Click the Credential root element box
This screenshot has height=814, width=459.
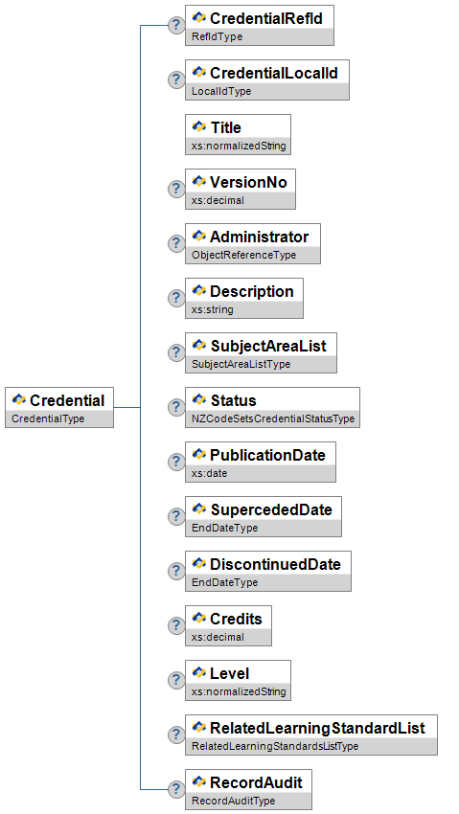pos(59,408)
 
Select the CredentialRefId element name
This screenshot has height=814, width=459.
pos(266,19)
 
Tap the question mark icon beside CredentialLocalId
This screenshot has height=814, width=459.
pos(176,79)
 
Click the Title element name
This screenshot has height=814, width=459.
pos(226,127)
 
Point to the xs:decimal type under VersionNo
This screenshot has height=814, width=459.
pos(218,200)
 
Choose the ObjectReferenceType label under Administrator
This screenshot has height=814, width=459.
pos(244,255)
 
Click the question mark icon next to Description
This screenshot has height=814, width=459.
pos(176,298)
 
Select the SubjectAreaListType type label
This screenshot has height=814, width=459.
pos(241,364)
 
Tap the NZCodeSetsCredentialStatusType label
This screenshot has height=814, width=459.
pos(273,418)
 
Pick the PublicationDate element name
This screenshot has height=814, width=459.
pos(268,455)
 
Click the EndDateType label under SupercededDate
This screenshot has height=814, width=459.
pos(225,528)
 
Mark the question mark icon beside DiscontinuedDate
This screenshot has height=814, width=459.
pos(176,571)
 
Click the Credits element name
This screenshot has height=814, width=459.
pos(237,619)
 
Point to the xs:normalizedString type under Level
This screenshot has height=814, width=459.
pos(239,692)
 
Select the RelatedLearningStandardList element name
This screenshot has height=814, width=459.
pos(318,728)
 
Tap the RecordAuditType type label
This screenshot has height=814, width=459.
pos(233,801)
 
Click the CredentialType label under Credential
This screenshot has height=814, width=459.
pos(48,418)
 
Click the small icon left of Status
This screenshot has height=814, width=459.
pos(199,399)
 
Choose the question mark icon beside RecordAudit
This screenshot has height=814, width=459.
pos(176,790)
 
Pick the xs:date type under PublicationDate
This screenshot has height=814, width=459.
pos(209,473)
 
